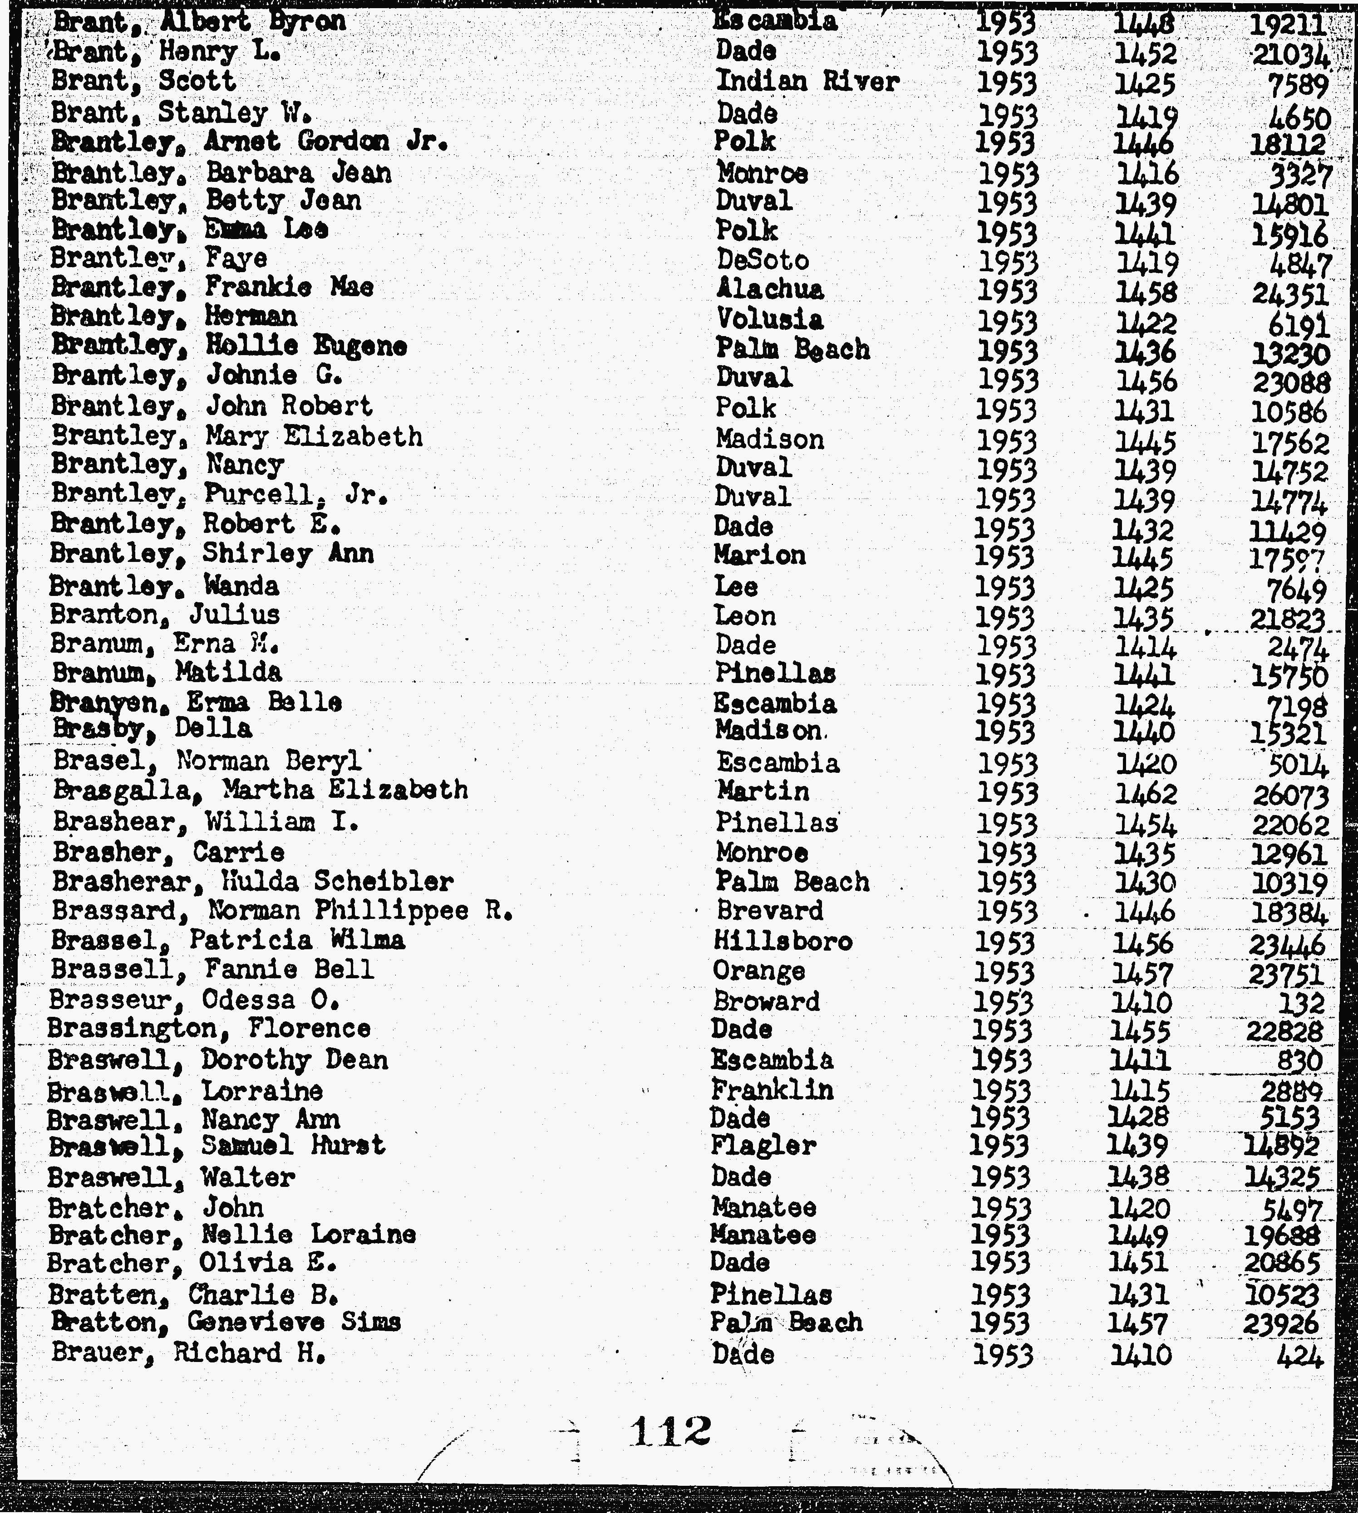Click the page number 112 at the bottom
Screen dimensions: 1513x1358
(669, 1430)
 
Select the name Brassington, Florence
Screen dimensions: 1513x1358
(209, 1029)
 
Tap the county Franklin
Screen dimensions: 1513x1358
(772, 1090)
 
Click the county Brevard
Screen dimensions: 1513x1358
(770, 911)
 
